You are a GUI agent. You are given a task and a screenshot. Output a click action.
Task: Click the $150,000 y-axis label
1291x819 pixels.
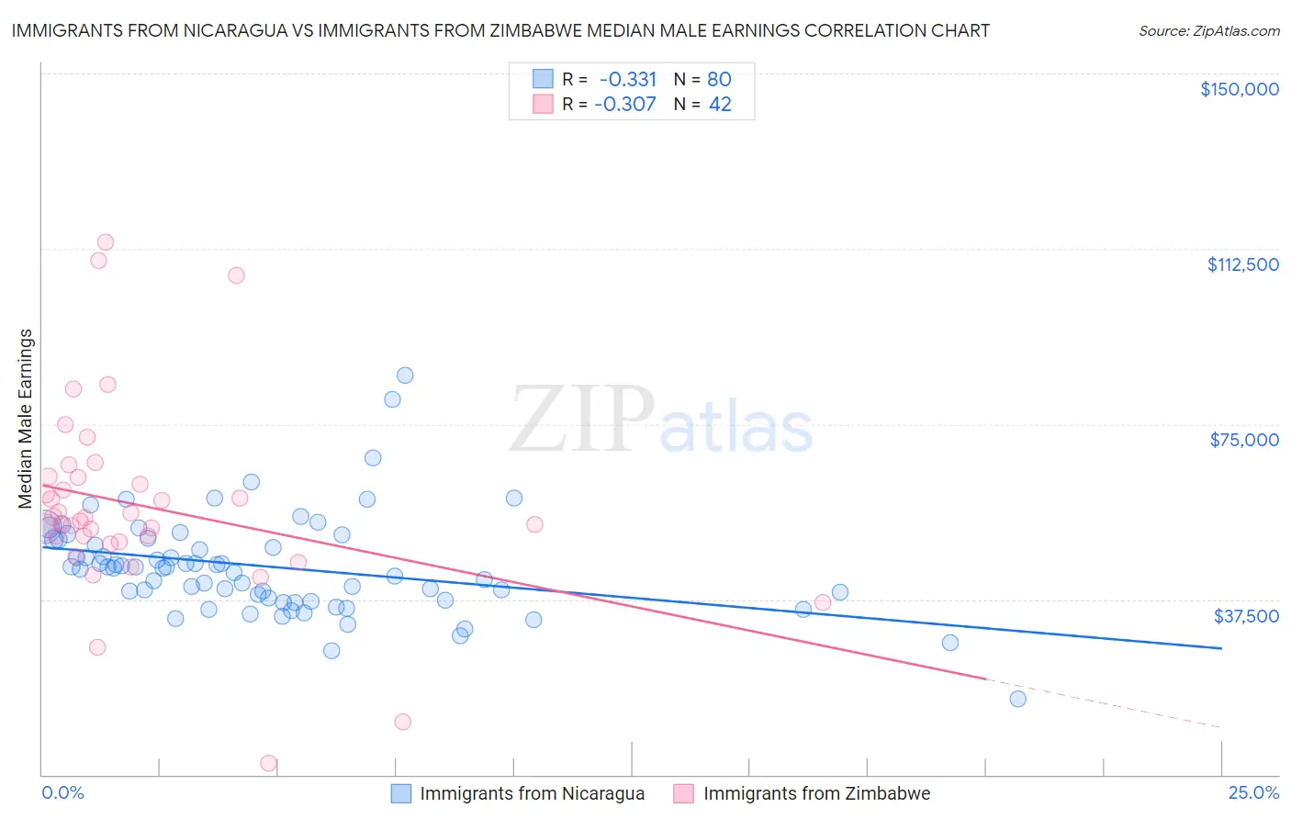1239,89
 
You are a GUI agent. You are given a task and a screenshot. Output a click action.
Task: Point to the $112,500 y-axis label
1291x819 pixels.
1242,264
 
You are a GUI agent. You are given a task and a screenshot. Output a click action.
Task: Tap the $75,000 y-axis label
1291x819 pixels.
1243,440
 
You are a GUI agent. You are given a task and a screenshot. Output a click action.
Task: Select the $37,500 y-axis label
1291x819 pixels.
1245,615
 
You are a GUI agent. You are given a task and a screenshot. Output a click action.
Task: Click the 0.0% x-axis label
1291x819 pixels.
62,792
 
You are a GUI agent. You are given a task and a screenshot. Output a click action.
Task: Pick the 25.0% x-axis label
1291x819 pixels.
1252,792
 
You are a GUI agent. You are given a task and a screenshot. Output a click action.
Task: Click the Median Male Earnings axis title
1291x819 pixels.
26,418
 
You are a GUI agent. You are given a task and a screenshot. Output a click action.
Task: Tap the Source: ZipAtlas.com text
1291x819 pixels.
1208,30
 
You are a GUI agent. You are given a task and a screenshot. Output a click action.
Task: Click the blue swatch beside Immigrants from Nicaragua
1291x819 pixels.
401,793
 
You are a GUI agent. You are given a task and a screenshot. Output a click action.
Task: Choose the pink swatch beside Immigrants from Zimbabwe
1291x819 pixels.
683,793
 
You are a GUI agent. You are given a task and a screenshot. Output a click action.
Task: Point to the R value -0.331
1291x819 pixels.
627,79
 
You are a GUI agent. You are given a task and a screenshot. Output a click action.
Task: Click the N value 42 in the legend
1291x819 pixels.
720,104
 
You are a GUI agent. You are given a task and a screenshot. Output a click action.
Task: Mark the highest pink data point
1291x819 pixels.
106,242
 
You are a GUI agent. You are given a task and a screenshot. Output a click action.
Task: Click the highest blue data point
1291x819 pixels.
405,376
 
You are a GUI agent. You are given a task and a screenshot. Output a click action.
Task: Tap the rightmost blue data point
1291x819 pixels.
1017,699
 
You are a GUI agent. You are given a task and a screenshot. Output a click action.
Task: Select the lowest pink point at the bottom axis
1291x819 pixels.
269,763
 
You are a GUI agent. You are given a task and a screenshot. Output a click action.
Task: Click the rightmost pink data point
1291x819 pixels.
823,602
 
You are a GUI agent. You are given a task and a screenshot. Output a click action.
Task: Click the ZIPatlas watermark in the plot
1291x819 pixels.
661,421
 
